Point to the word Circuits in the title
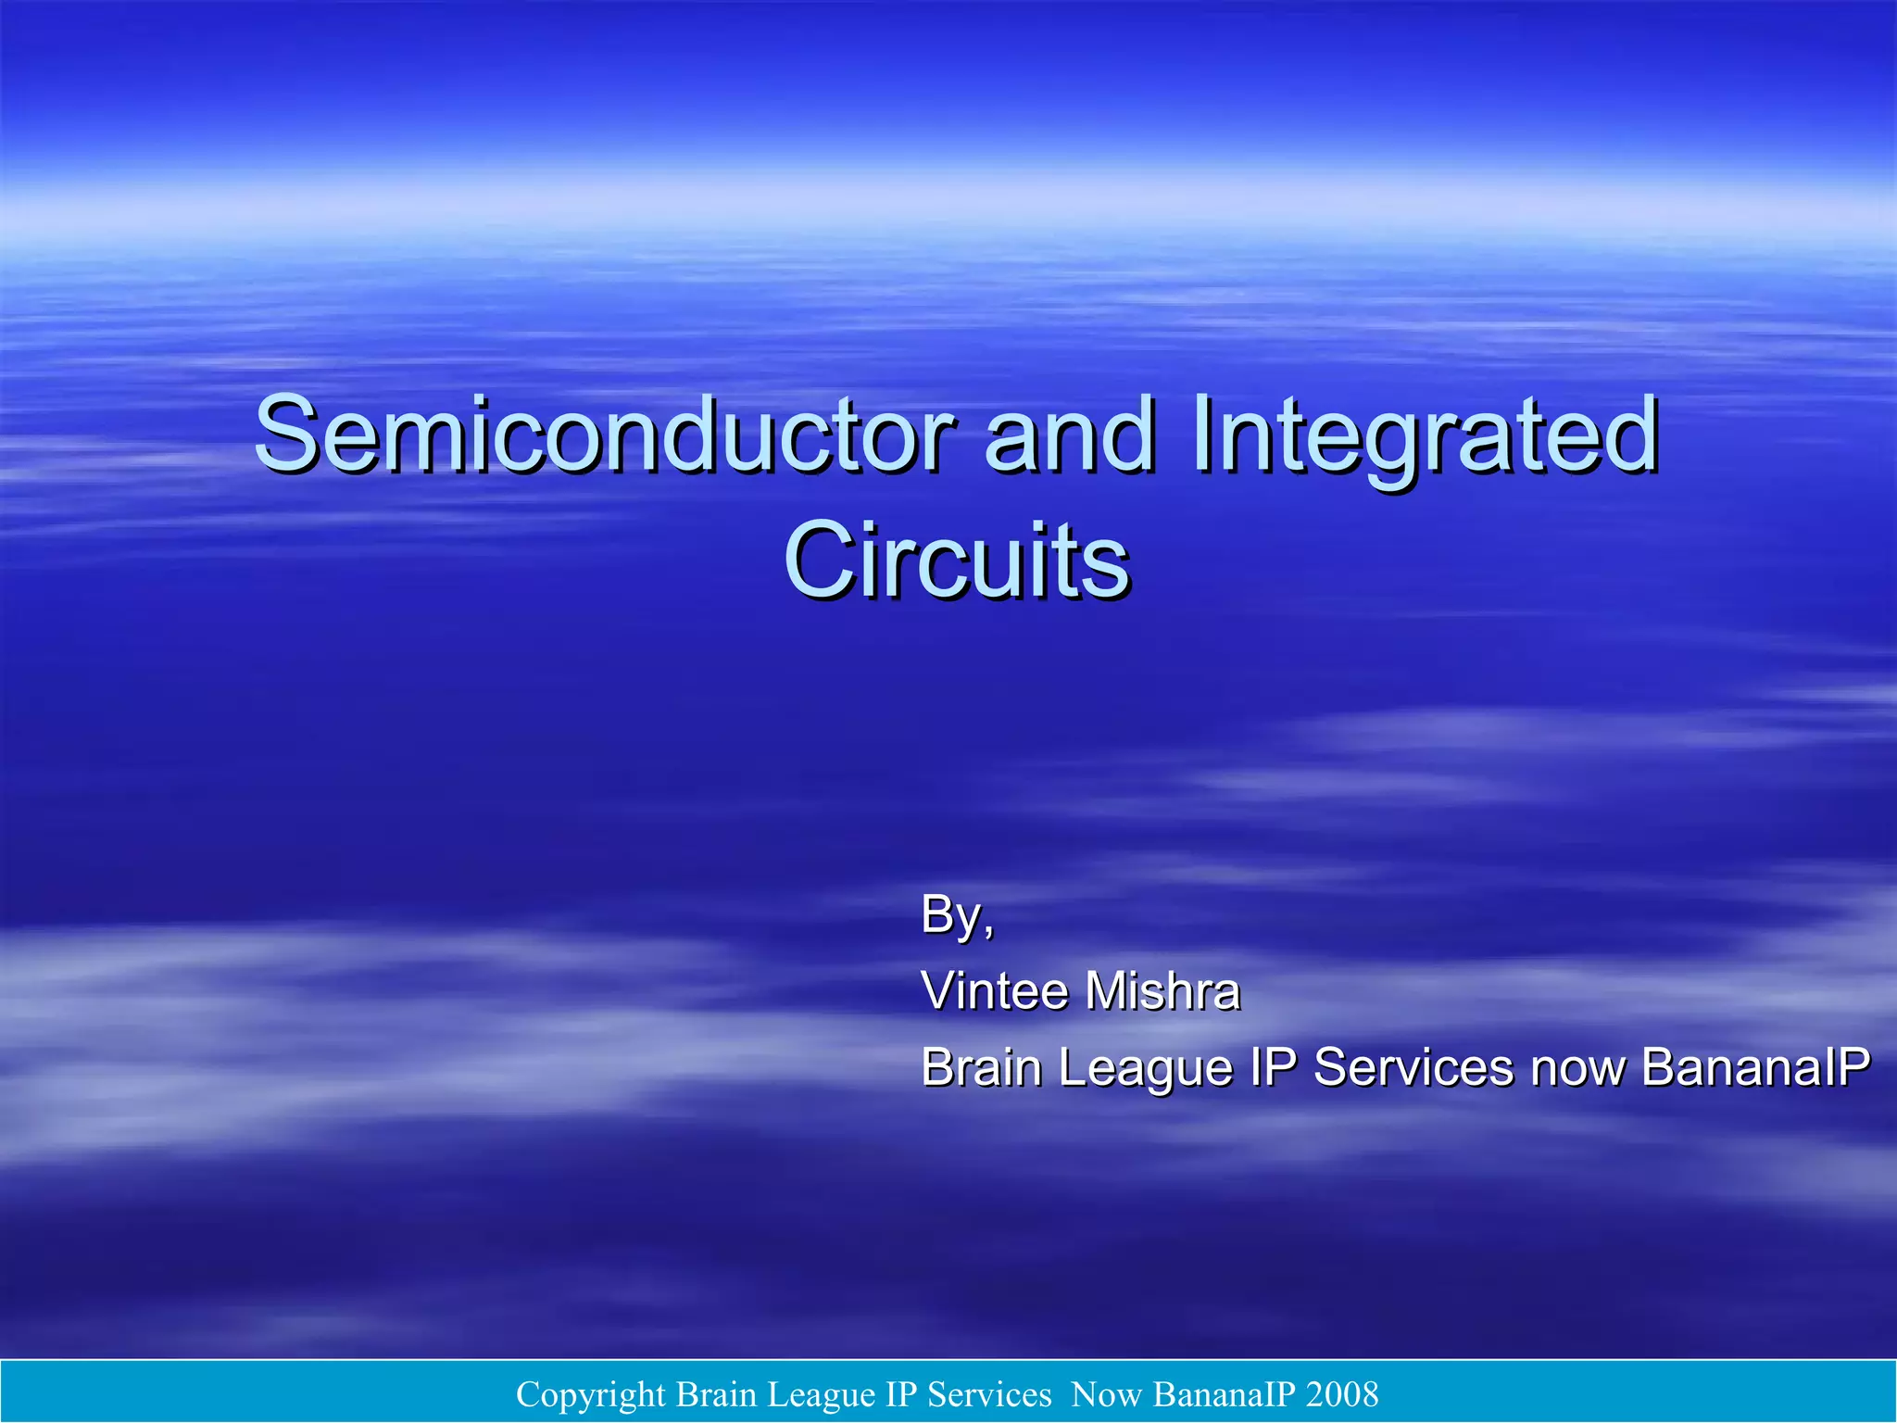957,560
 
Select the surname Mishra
1162,990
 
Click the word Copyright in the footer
590,1394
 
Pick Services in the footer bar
989,1393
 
